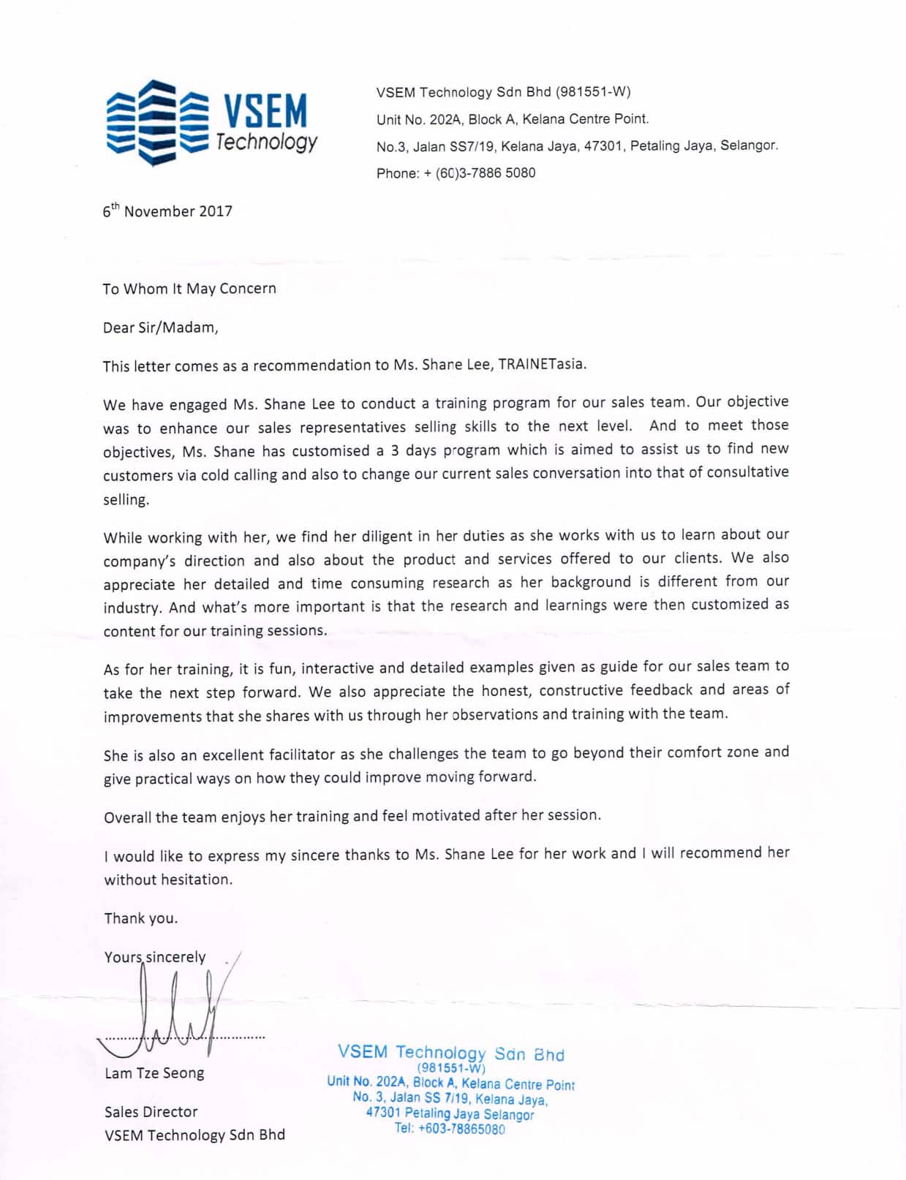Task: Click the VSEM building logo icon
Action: tap(158, 123)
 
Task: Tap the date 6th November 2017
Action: tap(167, 211)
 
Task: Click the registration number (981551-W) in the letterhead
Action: tap(592, 92)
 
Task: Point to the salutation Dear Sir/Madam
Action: tap(160, 328)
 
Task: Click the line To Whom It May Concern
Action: tap(189, 289)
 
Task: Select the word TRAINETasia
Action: tap(542, 364)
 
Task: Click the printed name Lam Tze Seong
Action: tap(154, 1073)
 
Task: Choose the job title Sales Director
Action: tap(151, 1112)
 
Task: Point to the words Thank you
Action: tap(140, 918)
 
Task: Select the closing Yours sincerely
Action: tap(155, 957)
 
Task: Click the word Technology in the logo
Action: tap(267, 142)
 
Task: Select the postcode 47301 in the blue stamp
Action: tap(383, 1112)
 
